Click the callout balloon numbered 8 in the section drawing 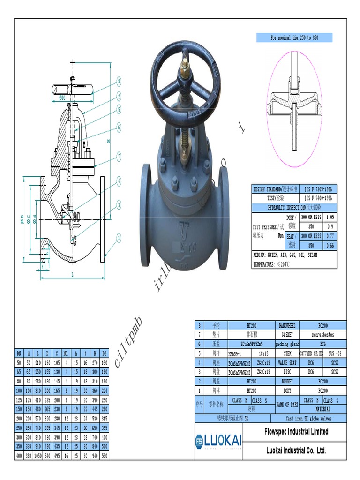[x=119, y=81]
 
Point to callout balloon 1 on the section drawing [x=119, y=238]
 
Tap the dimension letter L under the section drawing [x=72, y=274]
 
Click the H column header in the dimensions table [x=95, y=353]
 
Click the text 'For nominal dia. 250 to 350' [x=294, y=38]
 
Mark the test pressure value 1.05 [x=330, y=217]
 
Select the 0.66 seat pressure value [x=330, y=245]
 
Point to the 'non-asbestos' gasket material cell [x=322, y=335]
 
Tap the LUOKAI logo [x=218, y=441]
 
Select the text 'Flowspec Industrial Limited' [x=296, y=431]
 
